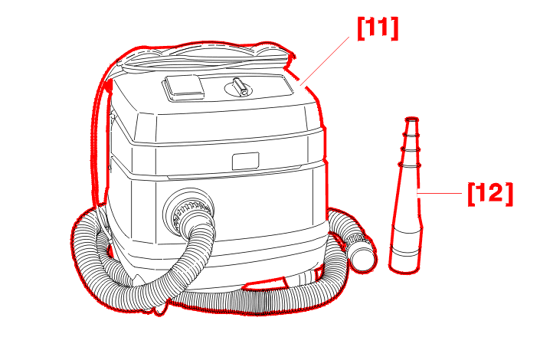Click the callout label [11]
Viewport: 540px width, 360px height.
378,28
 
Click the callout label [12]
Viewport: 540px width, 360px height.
490,194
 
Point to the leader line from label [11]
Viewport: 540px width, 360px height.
325,61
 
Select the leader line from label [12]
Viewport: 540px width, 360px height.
440,194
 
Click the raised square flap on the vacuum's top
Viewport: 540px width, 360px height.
183,88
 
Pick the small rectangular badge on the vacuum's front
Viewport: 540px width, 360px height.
246,161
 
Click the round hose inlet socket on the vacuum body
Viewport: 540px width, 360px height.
188,210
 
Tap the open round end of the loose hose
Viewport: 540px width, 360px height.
363,257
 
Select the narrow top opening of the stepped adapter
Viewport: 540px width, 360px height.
411,119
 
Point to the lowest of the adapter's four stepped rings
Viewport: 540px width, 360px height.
410,165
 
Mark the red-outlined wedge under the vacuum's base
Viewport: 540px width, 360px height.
265,284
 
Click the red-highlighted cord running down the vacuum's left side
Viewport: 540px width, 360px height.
100,141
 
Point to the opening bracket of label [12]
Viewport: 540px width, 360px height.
471,194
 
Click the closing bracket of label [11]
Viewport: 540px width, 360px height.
395,28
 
